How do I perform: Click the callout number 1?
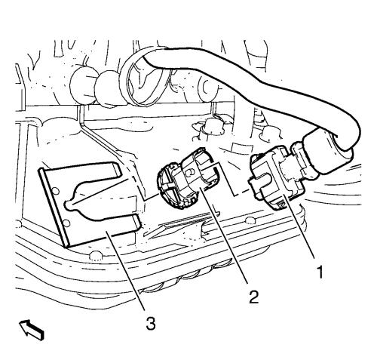point(320,272)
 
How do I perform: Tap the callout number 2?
point(253,297)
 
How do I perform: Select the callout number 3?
point(151,323)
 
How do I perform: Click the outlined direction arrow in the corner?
point(32,330)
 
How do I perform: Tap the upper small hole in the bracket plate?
point(56,192)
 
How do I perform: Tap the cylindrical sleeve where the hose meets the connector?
point(326,153)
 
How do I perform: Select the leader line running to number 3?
point(125,271)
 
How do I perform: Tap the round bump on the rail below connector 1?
point(250,220)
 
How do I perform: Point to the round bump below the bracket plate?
point(96,254)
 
